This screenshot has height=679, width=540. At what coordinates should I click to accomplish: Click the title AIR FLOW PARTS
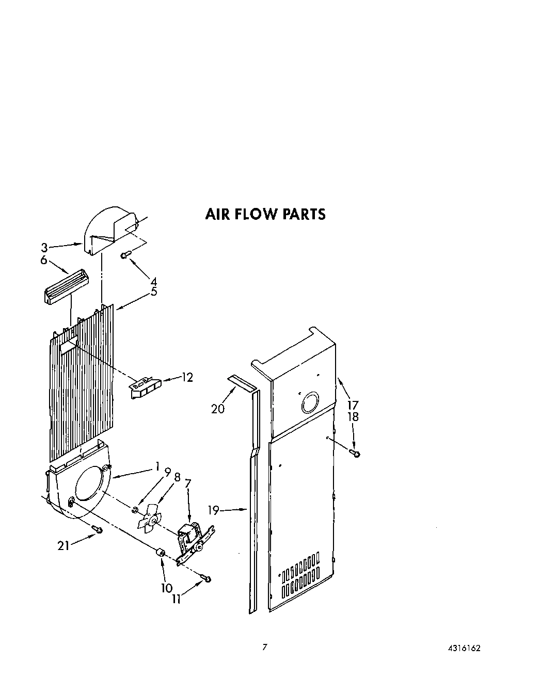(x=265, y=214)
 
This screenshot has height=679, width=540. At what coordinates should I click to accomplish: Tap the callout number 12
(x=187, y=378)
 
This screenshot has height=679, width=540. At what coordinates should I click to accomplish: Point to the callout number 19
(x=214, y=510)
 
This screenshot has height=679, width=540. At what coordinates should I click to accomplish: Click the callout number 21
(x=63, y=545)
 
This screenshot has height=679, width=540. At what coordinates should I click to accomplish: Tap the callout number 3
(x=44, y=248)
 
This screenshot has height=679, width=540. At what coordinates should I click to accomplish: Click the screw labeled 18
(x=355, y=454)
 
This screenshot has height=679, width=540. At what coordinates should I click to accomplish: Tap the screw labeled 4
(x=126, y=254)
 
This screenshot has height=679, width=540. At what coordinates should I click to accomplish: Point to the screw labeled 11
(x=207, y=579)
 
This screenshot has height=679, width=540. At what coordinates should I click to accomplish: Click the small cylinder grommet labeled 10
(x=160, y=554)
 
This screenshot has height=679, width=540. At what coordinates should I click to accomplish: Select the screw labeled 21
(x=97, y=529)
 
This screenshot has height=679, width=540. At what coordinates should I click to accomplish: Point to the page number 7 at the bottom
(x=265, y=647)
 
